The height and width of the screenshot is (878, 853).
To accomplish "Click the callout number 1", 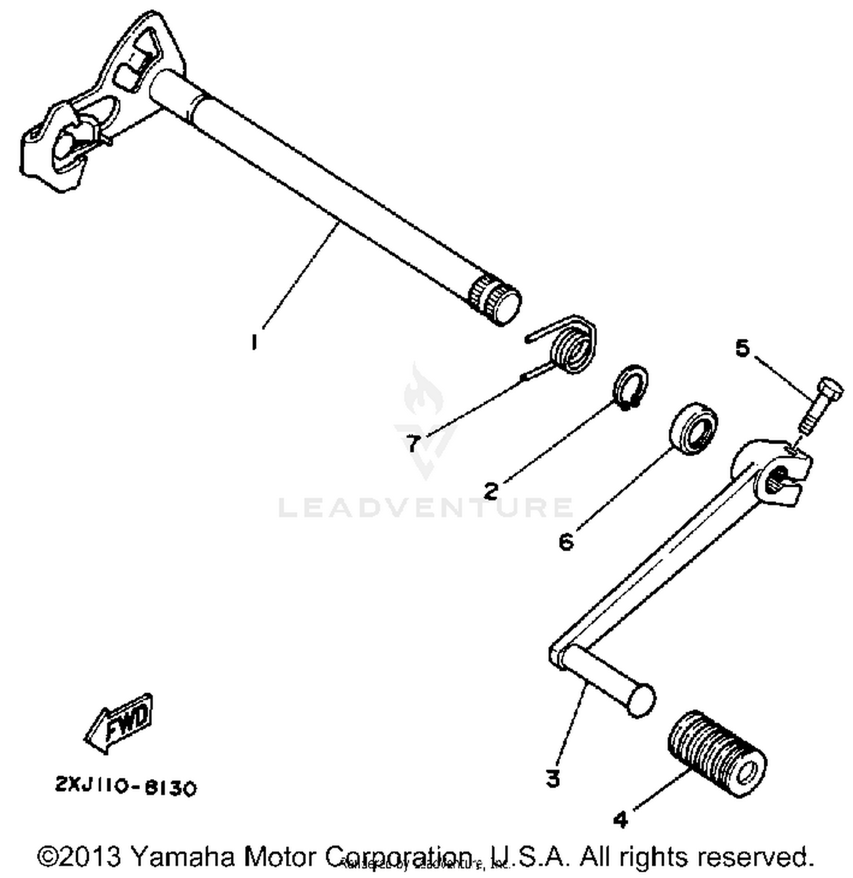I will pos(254,342).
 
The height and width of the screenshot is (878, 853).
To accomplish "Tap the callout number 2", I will pos(491,490).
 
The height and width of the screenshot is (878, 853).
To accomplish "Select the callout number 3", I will pos(553,778).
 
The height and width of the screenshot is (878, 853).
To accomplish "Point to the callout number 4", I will pos(620,819).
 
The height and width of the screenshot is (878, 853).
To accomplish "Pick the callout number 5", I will pos(743,347).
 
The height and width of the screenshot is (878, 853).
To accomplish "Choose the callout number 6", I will pos(566,542).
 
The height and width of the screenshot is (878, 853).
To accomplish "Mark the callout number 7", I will pos(413,443).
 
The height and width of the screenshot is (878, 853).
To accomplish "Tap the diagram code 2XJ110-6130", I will pos(126,787).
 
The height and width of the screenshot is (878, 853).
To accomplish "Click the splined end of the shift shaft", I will pos(494,299).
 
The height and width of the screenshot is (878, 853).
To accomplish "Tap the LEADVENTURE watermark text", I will pos(426,507).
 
